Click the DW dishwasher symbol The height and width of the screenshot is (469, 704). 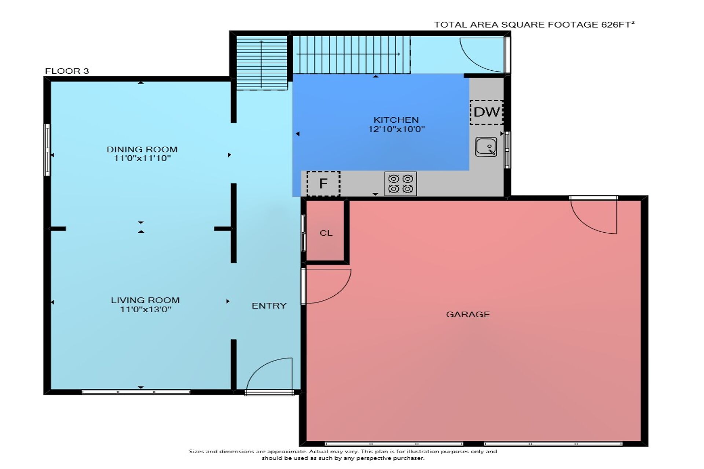(x=487, y=112)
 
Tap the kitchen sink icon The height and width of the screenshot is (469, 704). (x=486, y=147)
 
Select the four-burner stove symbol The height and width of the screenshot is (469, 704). (x=400, y=184)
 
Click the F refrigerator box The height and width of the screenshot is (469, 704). (x=323, y=184)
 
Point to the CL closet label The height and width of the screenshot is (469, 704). (x=326, y=233)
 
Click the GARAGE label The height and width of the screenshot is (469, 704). (x=468, y=314)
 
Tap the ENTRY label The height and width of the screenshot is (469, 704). (x=269, y=306)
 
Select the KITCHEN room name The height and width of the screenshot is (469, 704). (x=396, y=120)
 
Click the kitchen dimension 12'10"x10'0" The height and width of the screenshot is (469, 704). (x=396, y=129)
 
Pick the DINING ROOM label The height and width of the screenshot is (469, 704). (x=142, y=149)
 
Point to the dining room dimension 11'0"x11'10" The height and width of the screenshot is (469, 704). (x=142, y=158)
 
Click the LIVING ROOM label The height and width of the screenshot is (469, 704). (x=145, y=300)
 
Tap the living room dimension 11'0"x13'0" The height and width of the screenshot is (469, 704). (x=146, y=309)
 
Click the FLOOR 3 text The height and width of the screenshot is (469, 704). (x=67, y=71)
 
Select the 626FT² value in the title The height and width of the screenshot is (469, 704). (x=618, y=24)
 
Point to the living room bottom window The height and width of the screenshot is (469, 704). (x=136, y=392)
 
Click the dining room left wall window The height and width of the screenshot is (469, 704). (x=47, y=150)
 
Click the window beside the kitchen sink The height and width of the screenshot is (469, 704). (x=507, y=150)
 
